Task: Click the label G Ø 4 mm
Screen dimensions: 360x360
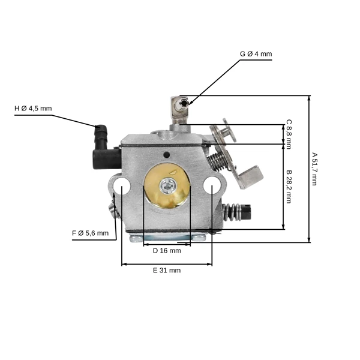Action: pos(256,54)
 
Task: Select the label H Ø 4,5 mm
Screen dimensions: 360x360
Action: pos(33,109)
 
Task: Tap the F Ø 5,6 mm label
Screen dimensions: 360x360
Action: pos(90,233)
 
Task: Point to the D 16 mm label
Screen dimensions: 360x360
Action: pos(167,251)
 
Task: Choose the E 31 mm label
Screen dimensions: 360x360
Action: pos(167,271)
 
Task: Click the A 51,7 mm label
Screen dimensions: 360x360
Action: pos(314,169)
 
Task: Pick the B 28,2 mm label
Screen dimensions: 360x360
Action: pos(289,187)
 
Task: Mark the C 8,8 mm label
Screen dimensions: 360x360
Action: pos(289,134)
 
